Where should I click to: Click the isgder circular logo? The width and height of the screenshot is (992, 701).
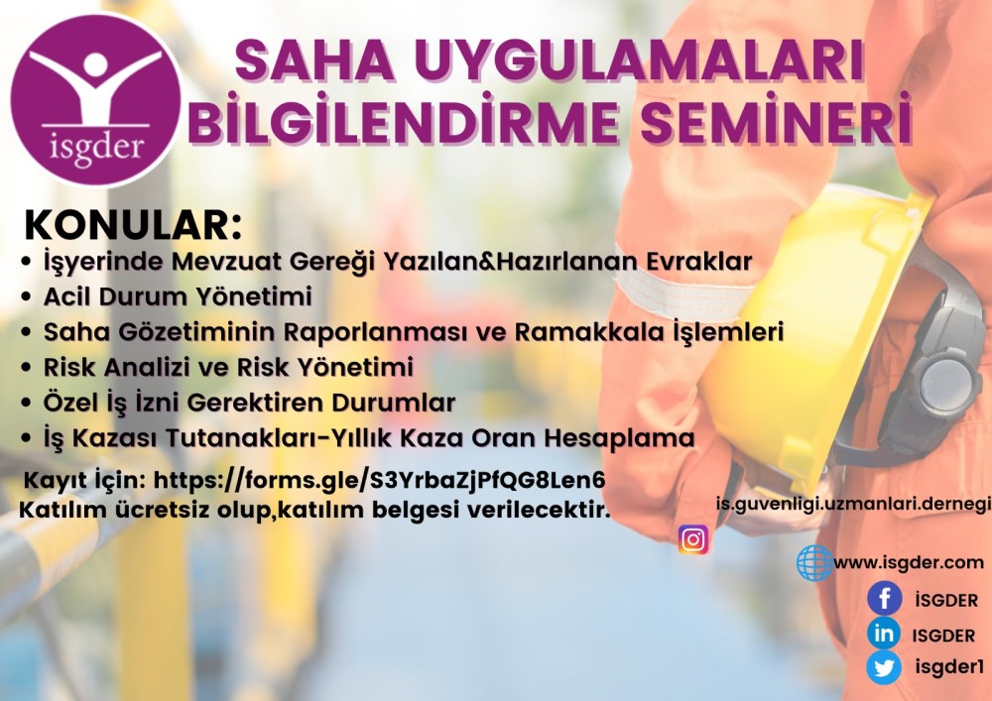pos(96,100)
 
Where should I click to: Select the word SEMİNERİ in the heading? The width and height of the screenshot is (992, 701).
pos(777,119)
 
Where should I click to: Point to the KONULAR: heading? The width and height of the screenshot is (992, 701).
pos(133,225)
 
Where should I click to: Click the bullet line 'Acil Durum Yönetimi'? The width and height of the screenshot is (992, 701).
pos(178,296)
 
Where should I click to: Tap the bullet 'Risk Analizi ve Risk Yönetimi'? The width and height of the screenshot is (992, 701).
pos(228,367)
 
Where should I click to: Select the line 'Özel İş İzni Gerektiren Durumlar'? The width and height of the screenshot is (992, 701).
pos(249,403)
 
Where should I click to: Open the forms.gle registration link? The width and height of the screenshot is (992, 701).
pos(380,481)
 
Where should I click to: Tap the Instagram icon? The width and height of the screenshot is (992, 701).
pos(693,539)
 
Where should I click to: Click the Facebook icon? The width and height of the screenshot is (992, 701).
pos(885,598)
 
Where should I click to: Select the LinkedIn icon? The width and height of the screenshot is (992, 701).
pos(884,633)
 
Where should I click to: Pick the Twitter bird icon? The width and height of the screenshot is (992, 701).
pos(884,667)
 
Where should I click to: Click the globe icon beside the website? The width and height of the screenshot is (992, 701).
pos(814,562)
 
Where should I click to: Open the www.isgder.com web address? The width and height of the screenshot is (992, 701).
pos(909,562)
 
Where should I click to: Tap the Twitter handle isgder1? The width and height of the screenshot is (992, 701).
pos(949,667)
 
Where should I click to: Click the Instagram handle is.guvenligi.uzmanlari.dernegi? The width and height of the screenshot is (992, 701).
pos(853,504)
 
